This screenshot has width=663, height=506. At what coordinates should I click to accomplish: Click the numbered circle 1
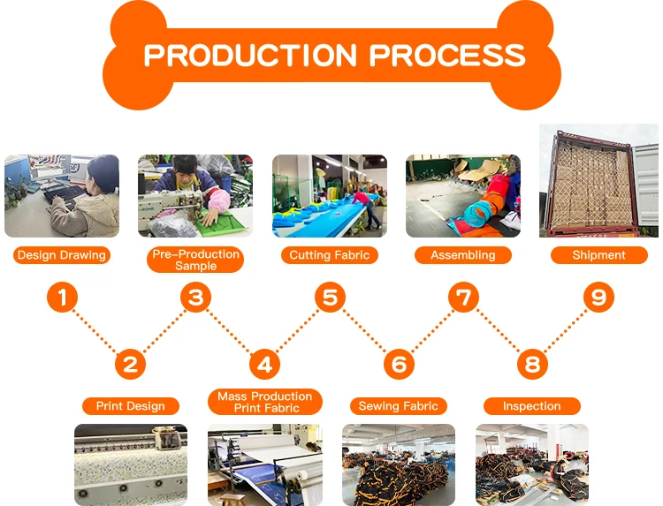[62, 298]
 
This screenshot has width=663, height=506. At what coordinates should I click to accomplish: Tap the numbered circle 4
[264, 363]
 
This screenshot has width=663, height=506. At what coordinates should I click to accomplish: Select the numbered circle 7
[463, 298]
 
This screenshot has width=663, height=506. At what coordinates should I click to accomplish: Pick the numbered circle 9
[598, 298]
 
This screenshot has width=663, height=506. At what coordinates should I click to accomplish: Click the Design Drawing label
[61, 255]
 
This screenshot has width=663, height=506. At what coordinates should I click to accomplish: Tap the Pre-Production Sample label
[195, 261]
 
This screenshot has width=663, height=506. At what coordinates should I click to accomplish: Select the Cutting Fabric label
[329, 255]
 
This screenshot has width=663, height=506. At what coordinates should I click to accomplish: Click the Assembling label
[463, 255]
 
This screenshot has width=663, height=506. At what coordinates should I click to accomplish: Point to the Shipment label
[598, 255]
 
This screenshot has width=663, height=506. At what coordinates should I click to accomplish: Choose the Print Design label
[131, 406]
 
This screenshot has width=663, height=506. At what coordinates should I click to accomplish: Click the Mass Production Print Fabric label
[264, 402]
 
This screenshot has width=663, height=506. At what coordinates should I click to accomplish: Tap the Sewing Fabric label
[398, 406]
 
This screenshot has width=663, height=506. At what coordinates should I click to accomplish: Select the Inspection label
[531, 406]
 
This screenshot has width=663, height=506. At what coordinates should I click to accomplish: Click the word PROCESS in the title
[447, 56]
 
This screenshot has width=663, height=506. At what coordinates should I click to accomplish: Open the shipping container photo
[598, 181]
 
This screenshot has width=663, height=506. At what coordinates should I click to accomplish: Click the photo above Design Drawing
[61, 196]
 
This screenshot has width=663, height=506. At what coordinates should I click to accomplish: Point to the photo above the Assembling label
[463, 196]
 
